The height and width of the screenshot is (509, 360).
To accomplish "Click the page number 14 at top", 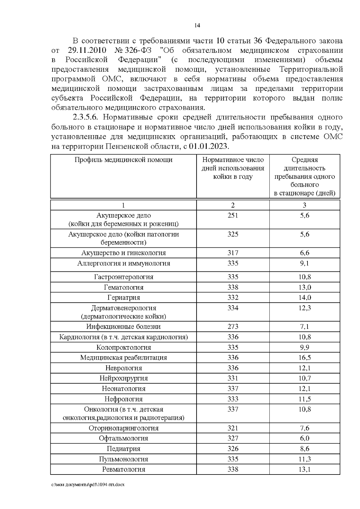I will click(x=197, y=25).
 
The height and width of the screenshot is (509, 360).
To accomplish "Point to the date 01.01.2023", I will click(x=209, y=147).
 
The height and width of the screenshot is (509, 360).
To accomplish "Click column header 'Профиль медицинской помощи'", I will click(x=123, y=160).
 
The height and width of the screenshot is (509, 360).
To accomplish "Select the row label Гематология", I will click(x=124, y=287).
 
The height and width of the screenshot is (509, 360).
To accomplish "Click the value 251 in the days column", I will click(x=233, y=215).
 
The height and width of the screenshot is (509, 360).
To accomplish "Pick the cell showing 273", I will click(x=233, y=326).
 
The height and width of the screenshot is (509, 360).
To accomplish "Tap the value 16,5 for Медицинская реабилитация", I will click(x=304, y=358).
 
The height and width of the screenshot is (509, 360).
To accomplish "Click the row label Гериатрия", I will click(x=124, y=298).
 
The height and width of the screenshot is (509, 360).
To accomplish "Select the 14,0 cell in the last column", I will click(x=304, y=298).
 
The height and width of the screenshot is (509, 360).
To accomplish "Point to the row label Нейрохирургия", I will click(x=124, y=378).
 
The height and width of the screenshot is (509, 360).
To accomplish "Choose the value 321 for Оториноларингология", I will click(x=233, y=428).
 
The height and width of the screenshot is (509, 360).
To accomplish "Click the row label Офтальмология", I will click(x=124, y=438).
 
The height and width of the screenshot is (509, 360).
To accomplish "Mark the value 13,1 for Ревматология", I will click(x=304, y=469).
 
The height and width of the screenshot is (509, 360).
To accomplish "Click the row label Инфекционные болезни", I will click(x=124, y=326).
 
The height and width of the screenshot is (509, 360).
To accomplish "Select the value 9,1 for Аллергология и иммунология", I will click(x=304, y=263).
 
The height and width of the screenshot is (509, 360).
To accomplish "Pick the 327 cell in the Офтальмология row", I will click(x=233, y=438).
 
